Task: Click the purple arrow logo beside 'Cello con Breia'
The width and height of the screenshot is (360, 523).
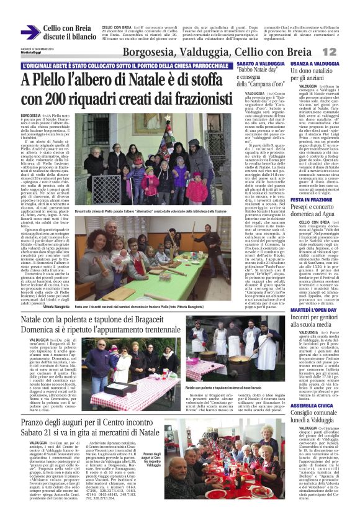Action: click(30, 32)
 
